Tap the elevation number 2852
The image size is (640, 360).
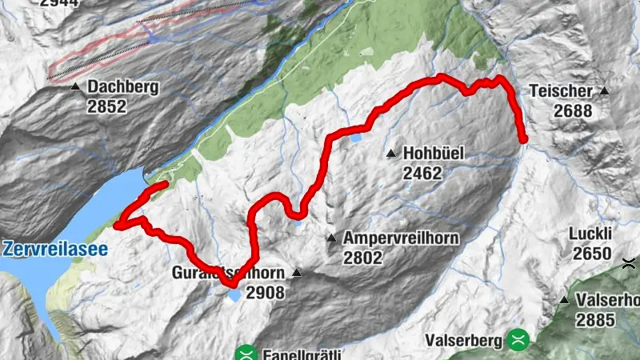108,106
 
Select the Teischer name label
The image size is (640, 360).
560,91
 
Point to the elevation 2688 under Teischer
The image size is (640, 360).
572,111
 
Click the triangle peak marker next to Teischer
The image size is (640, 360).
604,91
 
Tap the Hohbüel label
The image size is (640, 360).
434,153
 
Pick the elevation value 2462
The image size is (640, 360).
423,173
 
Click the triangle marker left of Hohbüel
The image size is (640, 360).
390,153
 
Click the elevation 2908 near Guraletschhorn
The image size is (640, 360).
265,293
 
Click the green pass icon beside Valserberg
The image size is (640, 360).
518,339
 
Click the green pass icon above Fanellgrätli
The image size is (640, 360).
247,353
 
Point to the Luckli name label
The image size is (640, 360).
590,234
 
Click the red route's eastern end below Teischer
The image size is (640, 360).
524,140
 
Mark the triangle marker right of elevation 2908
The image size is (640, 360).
297,273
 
